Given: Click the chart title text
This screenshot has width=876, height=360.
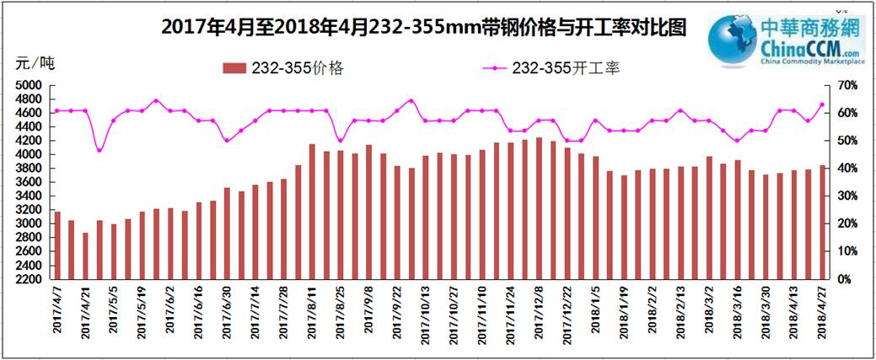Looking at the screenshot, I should click(422, 27).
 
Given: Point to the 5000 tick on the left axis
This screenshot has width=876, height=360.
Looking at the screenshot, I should click(28, 85).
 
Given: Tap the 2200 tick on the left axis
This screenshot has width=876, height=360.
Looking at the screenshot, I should click(28, 278).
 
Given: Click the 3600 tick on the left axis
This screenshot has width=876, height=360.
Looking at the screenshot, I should click(28, 182).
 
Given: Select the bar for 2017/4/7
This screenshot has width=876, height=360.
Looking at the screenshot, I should click(56, 244).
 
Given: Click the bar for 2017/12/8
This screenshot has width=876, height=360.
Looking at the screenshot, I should click(539, 207).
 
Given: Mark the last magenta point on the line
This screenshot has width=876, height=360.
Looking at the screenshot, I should click(822, 105).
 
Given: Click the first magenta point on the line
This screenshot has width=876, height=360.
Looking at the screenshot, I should click(56, 110).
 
